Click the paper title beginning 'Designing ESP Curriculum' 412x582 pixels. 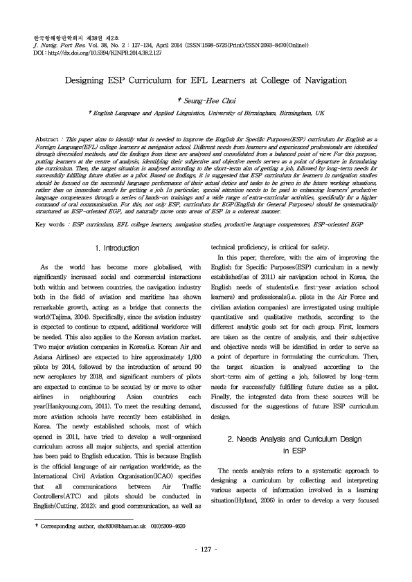[x=206, y=80]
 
